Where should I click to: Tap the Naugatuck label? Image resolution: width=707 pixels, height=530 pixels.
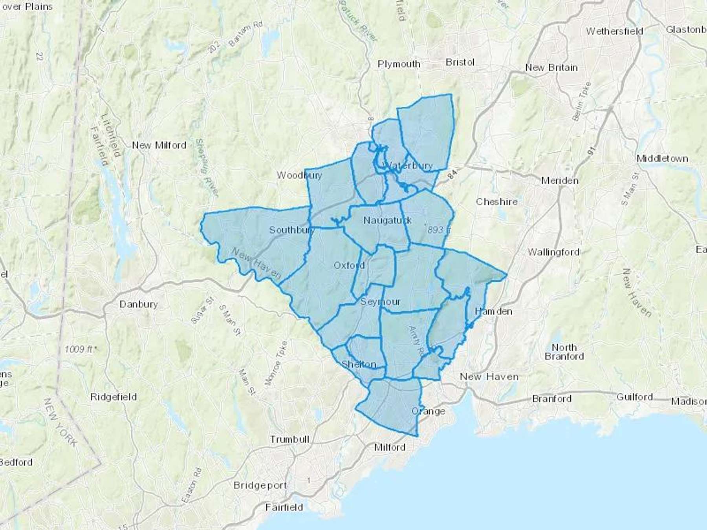click(387, 220)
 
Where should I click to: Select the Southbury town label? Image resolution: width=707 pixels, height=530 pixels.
click(291, 230)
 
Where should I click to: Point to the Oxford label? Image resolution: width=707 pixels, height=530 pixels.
click(349, 265)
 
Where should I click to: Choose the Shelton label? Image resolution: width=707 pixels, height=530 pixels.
click(359, 364)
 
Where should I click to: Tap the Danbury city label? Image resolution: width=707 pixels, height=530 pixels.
click(138, 304)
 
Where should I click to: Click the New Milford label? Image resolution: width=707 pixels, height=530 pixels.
click(159, 145)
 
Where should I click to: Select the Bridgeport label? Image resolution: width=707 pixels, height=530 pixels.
click(260, 485)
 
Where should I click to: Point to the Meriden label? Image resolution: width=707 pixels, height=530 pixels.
click(560, 181)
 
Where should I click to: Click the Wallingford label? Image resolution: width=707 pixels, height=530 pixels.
click(553, 252)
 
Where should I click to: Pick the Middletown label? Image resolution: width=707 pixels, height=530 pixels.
click(662, 159)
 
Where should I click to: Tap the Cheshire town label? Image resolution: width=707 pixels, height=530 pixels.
click(497, 202)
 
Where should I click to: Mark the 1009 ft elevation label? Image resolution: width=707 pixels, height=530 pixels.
click(79, 349)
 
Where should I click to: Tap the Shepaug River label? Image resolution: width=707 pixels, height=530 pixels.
click(207, 167)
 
